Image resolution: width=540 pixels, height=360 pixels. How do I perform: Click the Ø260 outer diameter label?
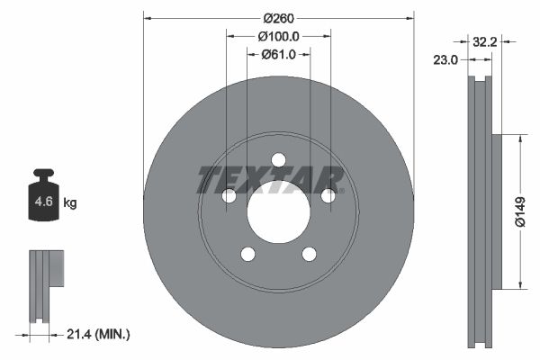click(x=278, y=17)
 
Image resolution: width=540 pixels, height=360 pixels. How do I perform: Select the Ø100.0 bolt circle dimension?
click(x=278, y=36)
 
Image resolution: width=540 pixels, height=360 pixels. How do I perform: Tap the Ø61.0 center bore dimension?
click(x=278, y=55)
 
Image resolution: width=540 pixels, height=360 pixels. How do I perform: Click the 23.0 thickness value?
click(x=445, y=59)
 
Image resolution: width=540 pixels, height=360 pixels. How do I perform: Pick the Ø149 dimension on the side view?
click(x=521, y=212)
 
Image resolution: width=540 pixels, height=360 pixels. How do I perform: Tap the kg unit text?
click(x=70, y=203)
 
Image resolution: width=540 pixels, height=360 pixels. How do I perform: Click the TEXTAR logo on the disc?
click(x=270, y=179)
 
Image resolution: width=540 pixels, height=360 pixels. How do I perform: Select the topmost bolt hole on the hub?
click(x=278, y=159)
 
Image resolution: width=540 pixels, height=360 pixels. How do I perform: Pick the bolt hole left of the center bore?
click(x=229, y=195)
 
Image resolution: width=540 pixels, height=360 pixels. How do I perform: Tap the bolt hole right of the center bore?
click(x=328, y=195)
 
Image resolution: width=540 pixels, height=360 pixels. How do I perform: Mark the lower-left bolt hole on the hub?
click(x=247, y=254)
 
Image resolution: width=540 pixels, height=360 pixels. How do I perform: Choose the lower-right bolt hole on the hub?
click(x=309, y=254)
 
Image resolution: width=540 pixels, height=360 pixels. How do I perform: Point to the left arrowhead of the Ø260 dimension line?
click(x=148, y=17)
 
